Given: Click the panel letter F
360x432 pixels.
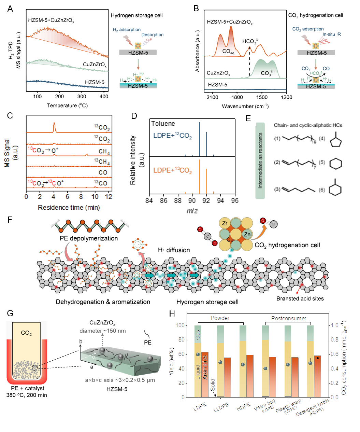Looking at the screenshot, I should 10,219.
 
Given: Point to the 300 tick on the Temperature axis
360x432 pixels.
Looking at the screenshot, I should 82,97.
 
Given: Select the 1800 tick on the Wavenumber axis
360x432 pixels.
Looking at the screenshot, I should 237,97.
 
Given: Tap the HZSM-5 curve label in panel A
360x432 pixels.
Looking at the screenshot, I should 95,82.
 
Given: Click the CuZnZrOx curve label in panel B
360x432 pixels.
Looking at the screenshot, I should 218,73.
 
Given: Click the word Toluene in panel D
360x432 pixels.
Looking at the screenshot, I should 163,124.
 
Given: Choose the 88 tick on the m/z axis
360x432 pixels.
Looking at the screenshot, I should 178,200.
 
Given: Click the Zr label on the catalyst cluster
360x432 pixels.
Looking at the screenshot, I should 225,223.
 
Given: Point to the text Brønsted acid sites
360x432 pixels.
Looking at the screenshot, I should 300,298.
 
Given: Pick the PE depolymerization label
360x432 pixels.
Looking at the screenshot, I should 89,238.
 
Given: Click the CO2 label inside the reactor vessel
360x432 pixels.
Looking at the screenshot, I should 26,333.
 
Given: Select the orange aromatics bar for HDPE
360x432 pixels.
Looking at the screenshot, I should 250,376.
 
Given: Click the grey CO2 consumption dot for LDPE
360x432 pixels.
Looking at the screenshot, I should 198,354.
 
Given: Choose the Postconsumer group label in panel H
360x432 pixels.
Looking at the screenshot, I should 289,318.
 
